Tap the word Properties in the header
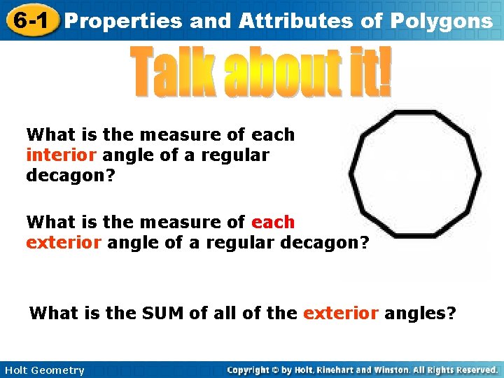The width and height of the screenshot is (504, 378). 123,22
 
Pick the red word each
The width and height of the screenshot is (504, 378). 273,222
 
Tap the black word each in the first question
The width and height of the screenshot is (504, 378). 273,134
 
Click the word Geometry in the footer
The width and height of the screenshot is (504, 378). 59,370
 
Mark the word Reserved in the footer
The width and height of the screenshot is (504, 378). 474,370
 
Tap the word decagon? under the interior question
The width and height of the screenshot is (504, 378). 67,176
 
